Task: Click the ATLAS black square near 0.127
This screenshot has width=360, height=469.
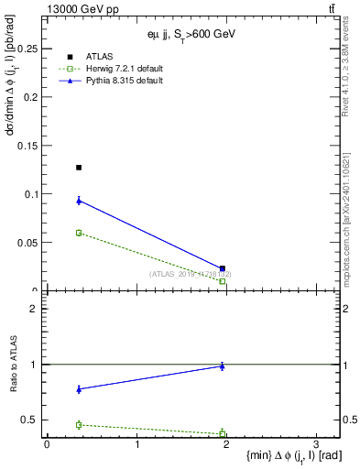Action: click(79, 168)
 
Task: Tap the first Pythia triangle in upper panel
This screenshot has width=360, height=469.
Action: click(79, 201)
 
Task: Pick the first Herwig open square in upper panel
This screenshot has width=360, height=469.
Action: click(79, 233)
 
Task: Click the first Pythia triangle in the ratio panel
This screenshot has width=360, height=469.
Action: click(79, 389)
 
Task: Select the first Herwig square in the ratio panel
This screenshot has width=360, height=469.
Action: click(79, 425)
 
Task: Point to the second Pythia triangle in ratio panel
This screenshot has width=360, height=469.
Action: click(223, 365)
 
